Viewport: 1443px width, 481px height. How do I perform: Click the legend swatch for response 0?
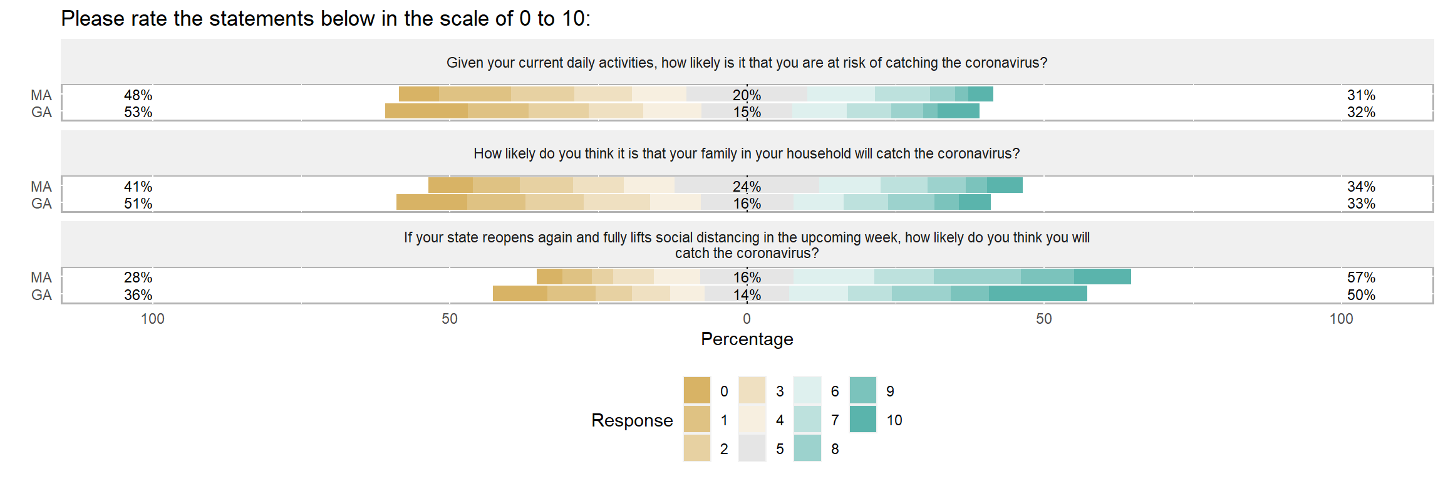point(697,390)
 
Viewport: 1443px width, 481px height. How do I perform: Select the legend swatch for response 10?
point(863,419)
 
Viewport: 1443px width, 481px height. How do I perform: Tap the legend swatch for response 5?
point(752,448)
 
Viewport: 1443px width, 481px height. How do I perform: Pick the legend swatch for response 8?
point(807,448)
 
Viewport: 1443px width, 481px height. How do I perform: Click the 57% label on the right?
point(1361,277)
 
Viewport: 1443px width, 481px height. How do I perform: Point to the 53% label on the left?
point(138,112)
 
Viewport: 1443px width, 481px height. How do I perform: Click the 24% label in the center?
point(747,187)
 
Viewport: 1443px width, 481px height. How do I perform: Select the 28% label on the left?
point(138,277)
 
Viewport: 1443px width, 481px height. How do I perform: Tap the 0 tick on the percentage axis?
point(747,319)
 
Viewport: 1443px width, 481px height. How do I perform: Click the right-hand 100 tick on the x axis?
point(1342,319)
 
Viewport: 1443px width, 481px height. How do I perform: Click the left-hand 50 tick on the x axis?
point(450,319)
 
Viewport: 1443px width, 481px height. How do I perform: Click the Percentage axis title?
point(747,339)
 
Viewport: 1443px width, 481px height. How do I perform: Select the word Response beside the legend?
point(632,420)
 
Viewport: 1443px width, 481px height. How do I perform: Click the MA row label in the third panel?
point(41,277)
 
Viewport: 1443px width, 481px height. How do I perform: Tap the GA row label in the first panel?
point(41,112)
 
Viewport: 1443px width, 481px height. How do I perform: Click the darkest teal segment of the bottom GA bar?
point(1038,294)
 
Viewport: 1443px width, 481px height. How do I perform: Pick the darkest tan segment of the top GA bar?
point(427,111)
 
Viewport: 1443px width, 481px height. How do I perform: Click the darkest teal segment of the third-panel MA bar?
point(1102,277)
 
